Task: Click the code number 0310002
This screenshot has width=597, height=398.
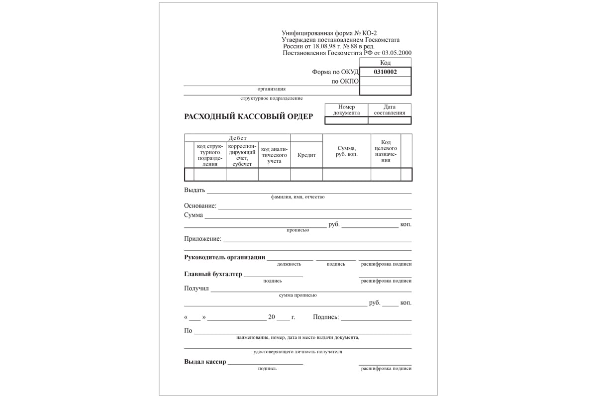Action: [385, 72]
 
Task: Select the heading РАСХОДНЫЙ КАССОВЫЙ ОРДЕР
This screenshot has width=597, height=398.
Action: [249, 116]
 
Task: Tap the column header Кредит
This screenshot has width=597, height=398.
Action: [306, 155]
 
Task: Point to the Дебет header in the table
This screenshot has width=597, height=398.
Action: [237, 138]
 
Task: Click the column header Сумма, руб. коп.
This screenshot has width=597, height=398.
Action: [346, 151]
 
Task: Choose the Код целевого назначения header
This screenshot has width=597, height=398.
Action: [386, 151]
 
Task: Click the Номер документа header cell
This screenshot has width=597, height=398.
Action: [346, 110]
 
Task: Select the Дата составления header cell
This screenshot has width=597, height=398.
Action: [390, 110]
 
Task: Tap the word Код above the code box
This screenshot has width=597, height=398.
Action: [385, 63]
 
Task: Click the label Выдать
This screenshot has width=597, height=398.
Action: [195, 190]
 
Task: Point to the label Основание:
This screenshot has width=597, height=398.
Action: [200, 206]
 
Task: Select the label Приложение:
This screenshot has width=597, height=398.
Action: [202, 239]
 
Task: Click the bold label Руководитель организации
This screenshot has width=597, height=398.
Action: [224, 257]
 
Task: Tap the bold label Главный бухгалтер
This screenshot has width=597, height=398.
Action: [213, 274]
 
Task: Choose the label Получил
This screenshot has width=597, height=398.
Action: [196, 288]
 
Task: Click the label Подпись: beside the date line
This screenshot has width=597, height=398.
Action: [326, 317]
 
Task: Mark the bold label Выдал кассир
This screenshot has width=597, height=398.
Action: [205, 362]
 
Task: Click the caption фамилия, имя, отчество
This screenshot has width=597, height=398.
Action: [298, 197]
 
